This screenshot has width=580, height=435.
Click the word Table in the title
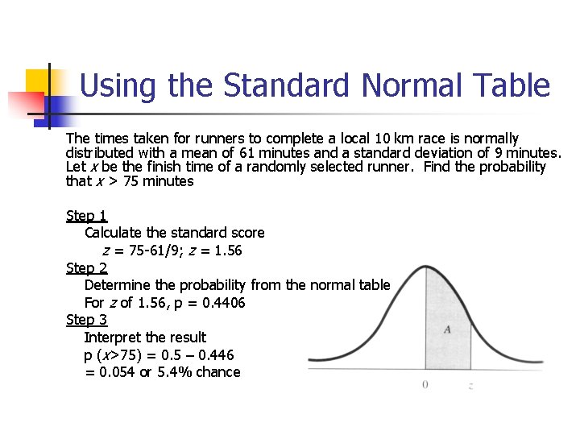(512, 85)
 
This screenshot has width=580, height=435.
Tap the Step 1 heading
(86, 216)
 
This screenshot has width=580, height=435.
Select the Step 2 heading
(86, 268)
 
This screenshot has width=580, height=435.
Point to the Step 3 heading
(86, 320)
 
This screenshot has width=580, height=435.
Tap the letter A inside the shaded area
(446, 329)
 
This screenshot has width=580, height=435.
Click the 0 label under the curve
(425, 385)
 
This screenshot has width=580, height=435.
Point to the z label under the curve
(470, 386)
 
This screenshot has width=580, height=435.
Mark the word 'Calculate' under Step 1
(114, 233)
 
